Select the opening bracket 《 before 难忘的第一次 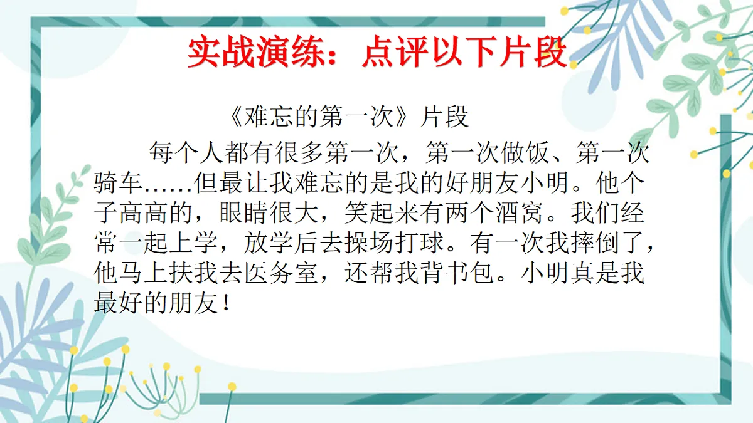[232, 117]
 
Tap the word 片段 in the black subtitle [446, 117]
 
